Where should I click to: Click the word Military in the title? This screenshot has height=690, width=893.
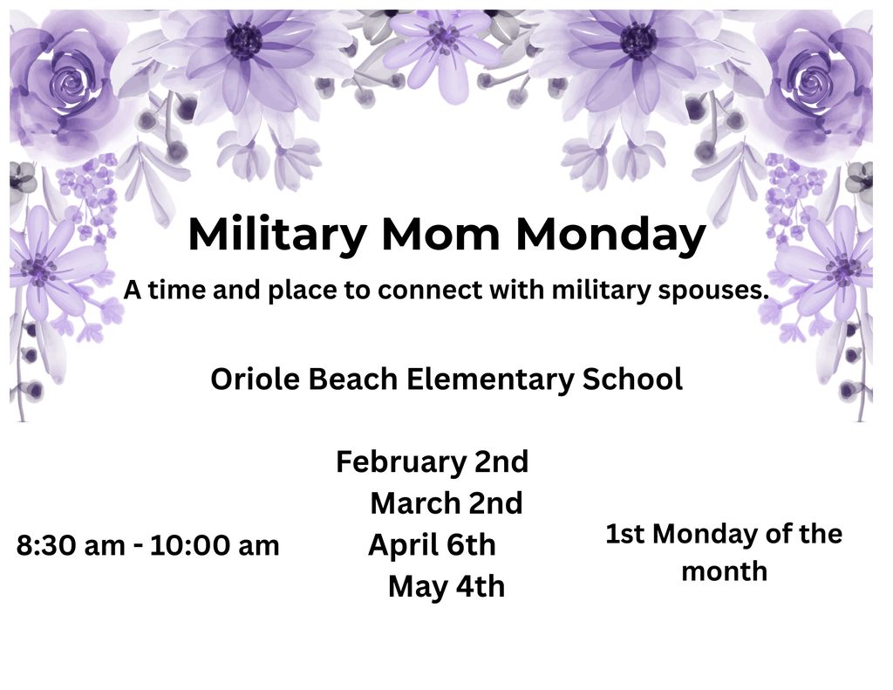(x=276, y=236)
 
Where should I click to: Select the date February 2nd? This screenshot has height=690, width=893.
(x=432, y=461)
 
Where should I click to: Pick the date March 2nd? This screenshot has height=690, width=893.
(x=446, y=503)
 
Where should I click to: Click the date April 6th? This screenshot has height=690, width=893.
(x=432, y=545)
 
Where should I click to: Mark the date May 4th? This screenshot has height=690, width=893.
(x=446, y=586)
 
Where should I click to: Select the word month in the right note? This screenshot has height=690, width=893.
(x=724, y=572)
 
